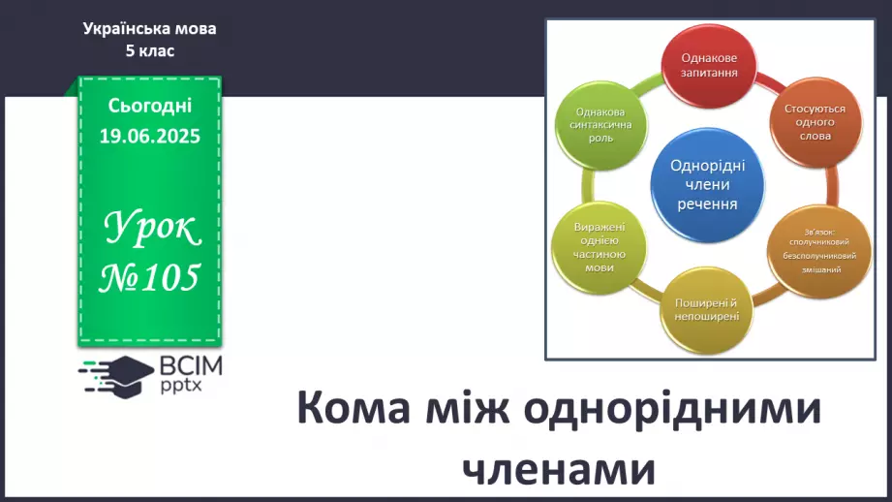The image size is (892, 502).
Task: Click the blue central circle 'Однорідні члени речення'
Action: (708, 185)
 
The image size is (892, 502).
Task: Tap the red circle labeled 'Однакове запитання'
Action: (709, 66)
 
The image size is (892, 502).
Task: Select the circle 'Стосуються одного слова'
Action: (815, 122)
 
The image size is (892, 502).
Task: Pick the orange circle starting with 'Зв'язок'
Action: (819, 252)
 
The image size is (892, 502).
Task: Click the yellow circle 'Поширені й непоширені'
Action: (707, 311)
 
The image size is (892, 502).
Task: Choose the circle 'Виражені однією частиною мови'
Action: (600, 247)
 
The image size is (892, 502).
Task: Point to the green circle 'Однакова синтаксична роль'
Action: (600, 125)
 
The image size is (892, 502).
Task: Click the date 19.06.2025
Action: (149, 136)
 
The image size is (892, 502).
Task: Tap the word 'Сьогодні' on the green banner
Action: (149, 106)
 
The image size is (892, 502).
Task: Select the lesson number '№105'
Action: (149, 278)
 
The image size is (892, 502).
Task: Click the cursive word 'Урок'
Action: (152, 228)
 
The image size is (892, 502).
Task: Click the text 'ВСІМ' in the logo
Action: (191, 366)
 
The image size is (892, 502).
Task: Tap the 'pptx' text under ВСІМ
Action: (181, 386)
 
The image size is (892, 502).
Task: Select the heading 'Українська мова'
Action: (149, 28)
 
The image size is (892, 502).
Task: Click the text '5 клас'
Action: (149, 50)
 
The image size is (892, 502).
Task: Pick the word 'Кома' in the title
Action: (354, 408)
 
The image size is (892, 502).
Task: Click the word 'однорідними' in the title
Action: (672, 409)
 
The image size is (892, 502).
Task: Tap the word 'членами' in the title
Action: (559, 469)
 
